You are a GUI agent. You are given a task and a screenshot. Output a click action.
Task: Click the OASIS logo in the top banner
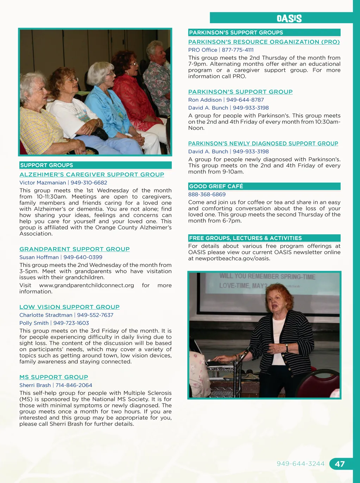(289, 18)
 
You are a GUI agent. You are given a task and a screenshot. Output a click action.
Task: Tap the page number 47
(340, 464)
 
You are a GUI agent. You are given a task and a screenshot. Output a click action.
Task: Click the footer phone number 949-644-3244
(301, 464)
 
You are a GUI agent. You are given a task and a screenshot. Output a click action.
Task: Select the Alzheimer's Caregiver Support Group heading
(92, 174)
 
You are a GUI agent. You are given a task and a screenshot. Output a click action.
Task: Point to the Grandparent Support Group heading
(75, 249)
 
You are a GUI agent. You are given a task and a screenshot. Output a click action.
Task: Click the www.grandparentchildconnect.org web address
(87, 285)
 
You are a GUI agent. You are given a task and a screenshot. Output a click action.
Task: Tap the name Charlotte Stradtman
(46, 315)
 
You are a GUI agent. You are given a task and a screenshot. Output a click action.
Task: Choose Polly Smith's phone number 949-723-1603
(71, 323)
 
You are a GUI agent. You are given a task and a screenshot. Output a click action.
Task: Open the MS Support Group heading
(54, 377)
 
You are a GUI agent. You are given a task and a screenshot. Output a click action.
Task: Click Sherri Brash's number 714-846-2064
(74, 385)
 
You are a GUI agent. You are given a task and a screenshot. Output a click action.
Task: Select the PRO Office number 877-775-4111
(238, 50)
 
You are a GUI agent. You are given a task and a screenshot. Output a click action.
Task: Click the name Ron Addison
(205, 100)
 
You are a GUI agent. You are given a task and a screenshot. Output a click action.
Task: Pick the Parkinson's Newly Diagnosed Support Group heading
(263, 144)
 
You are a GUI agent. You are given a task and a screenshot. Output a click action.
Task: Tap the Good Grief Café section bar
(264, 186)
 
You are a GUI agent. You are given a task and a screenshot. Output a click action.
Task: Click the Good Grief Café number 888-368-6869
(207, 195)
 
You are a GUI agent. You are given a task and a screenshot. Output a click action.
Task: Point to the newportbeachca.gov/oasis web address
(233, 259)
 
